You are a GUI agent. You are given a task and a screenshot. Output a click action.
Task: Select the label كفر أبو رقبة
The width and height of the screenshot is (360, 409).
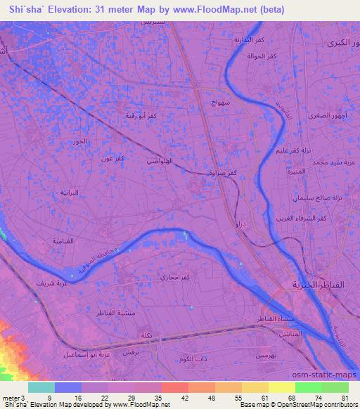tap(141, 115)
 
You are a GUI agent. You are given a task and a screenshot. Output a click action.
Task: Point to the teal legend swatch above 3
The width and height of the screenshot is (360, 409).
tap(41, 387)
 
